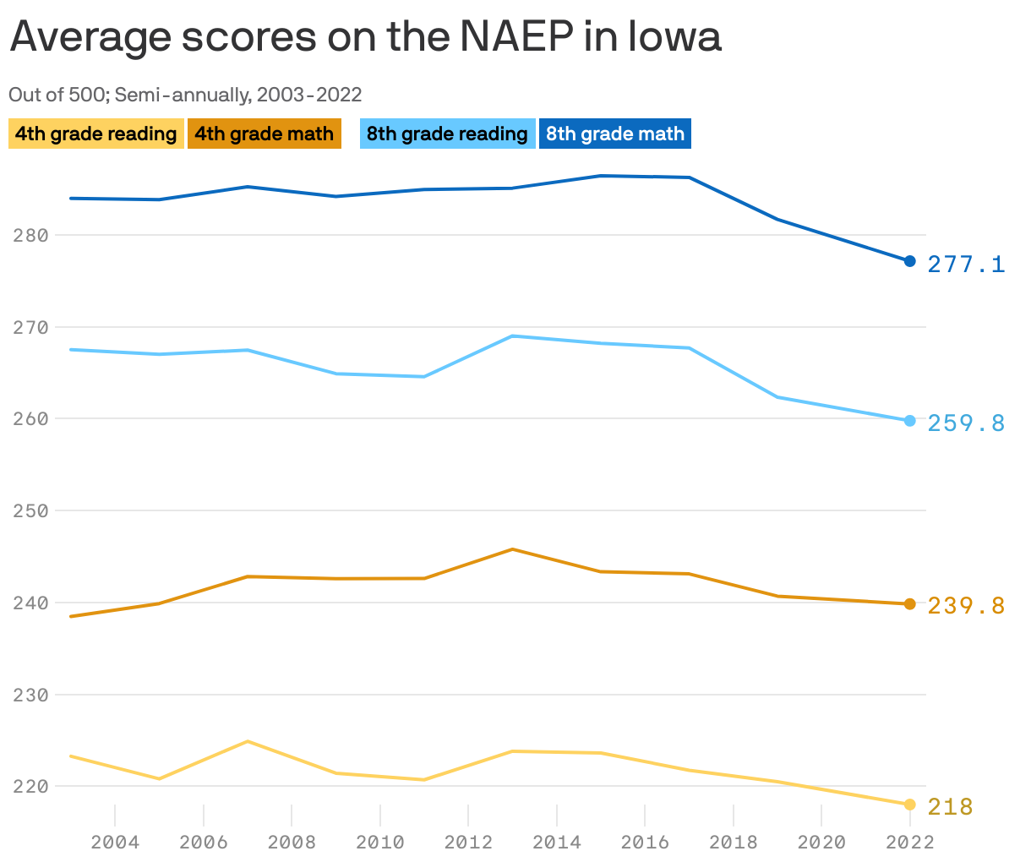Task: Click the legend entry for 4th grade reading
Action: point(95,134)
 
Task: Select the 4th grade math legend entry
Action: point(264,134)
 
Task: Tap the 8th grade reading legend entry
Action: point(447,134)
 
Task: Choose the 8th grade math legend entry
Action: point(614,134)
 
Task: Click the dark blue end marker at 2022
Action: point(910,261)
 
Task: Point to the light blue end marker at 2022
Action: point(910,421)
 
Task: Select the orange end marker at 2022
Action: point(910,604)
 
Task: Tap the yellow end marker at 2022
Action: point(910,805)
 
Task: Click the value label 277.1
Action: point(966,265)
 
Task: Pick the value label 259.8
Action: point(966,423)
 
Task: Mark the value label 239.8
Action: point(966,606)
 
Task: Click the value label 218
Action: point(951,807)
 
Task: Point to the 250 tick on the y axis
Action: point(30,510)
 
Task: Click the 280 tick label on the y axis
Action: point(30,235)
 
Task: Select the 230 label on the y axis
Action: point(30,695)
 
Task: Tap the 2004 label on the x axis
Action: point(115,842)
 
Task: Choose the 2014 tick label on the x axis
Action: point(557,842)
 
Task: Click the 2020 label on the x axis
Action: point(821,842)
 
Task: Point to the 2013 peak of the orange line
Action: point(512,549)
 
